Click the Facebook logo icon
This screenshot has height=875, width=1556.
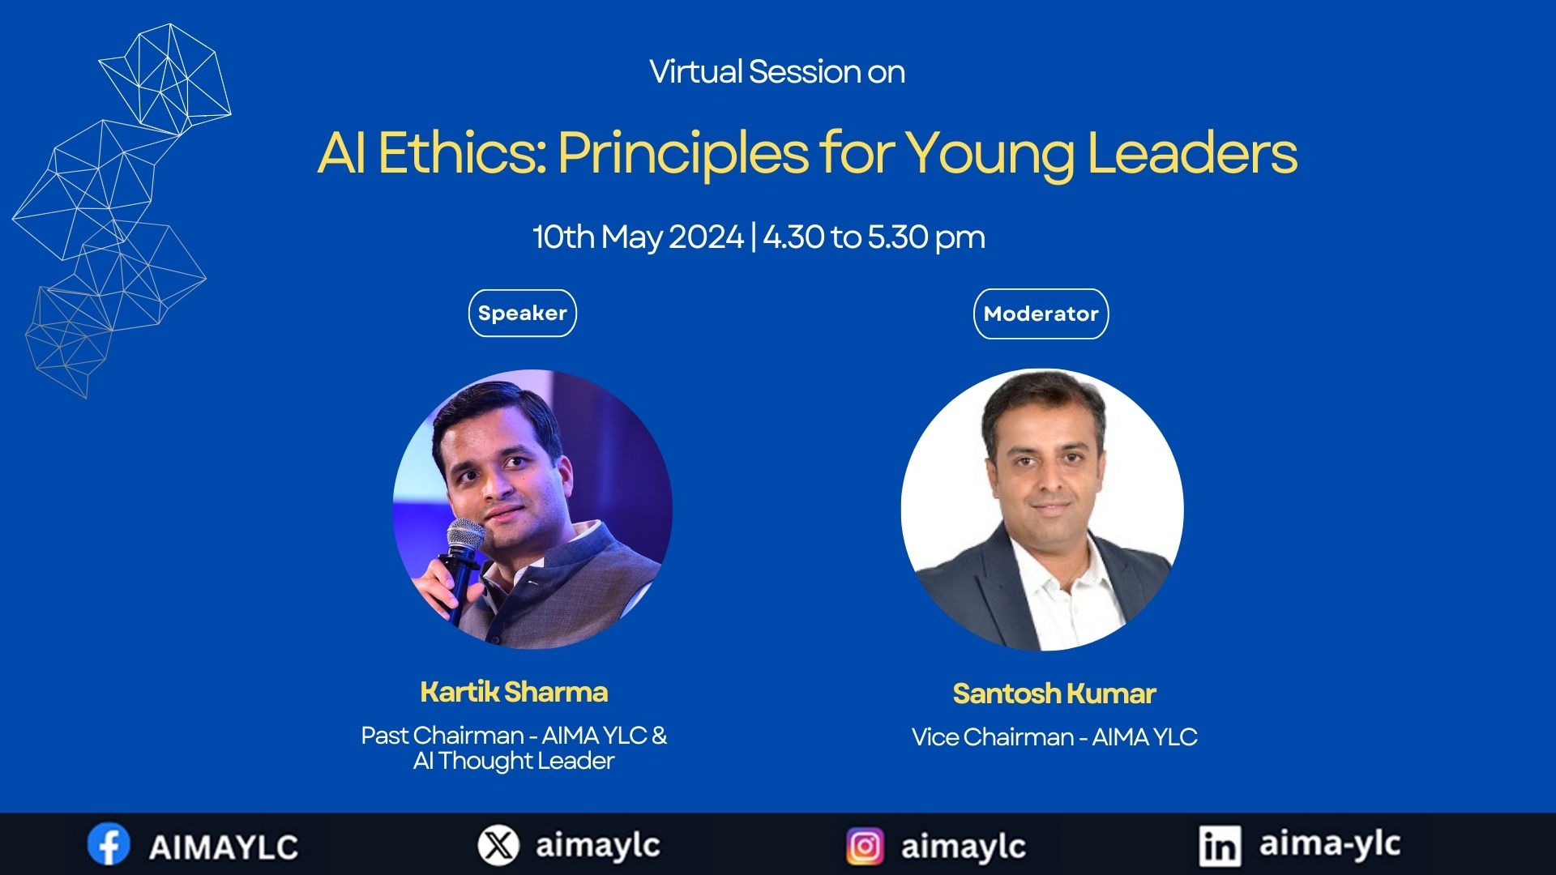coord(109,844)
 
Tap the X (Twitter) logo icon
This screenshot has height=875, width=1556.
coord(498,845)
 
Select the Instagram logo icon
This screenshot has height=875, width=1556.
coord(866,847)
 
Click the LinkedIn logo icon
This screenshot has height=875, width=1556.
coord(1220,846)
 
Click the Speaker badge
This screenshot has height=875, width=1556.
coord(523,313)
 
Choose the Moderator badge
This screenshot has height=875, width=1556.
coord(1041,314)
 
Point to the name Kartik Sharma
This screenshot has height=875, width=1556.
coord(514,692)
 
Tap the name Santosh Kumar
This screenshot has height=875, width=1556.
coord(1054,694)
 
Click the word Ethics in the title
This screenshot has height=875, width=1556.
coord(462,152)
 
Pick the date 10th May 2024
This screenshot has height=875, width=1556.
coord(638,237)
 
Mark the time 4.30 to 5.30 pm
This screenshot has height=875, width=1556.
coord(874,237)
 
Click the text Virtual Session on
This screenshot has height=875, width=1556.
coord(777,72)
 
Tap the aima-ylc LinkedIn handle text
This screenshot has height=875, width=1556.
coord(1330,844)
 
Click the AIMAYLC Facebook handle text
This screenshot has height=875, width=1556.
coord(224,847)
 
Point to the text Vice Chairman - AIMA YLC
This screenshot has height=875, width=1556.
coord(1054,737)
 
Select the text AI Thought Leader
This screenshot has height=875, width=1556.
coord(514,761)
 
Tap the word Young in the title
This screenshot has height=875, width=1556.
coord(990,154)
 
